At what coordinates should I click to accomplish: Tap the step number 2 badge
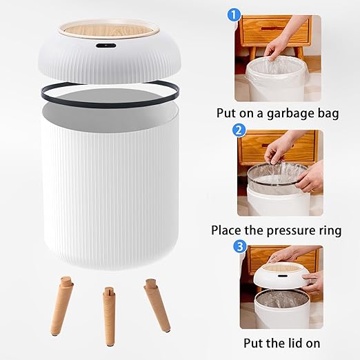[239, 129]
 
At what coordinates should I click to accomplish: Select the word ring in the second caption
[327, 230]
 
